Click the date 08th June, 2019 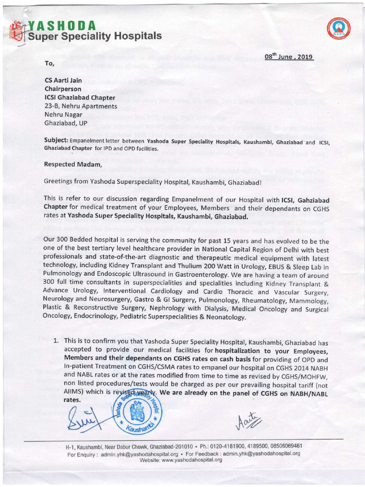(x=289, y=57)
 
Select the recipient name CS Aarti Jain (x=67, y=80)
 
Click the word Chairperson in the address (x=63, y=89)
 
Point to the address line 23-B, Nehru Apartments (x=80, y=106)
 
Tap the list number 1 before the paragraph (x=56, y=341)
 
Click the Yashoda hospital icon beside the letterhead (x=18, y=31)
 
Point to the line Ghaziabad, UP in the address (x=66, y=123)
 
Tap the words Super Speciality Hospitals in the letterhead (x=94, y=36)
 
